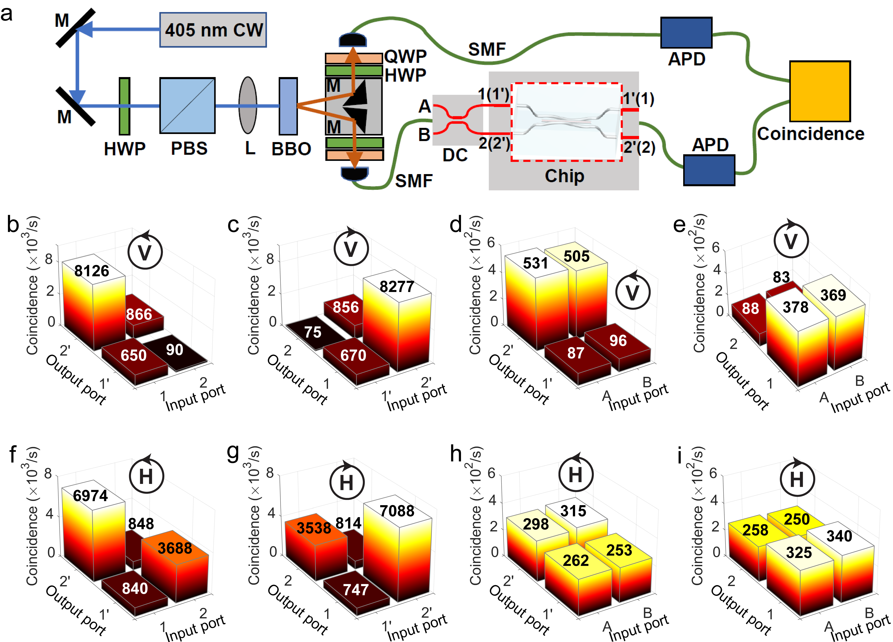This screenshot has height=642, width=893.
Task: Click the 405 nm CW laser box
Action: (x=213, y=30)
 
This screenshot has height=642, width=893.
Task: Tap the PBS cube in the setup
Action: (x=187, y=106)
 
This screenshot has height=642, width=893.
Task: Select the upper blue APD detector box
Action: (x=686, y=33)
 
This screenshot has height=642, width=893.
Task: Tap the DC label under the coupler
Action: (x=455, y=155)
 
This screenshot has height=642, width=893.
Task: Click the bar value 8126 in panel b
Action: (x=92, y=271)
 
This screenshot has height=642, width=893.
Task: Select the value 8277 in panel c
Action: (x=397, y=287)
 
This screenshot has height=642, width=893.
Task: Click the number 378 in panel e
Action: (x=795, y=307)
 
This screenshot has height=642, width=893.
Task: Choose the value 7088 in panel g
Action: (x=397, y=511)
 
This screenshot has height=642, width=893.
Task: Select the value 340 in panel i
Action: (x=839, y=536)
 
